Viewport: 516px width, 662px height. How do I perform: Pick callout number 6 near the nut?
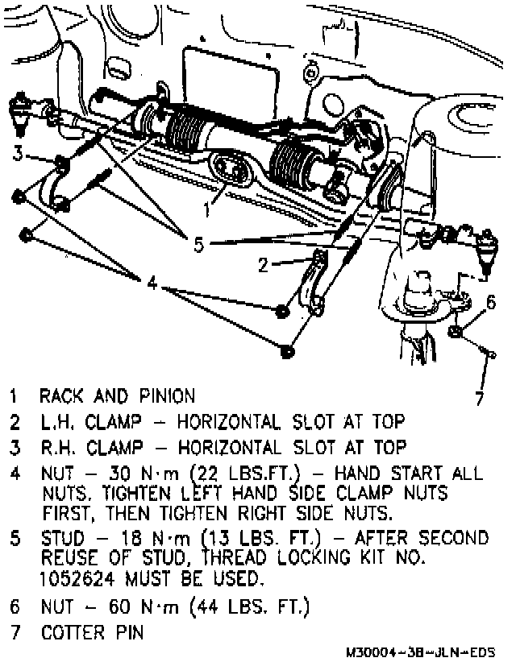pos(490,303)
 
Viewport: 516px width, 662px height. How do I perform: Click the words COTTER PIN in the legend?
pos(92,631)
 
